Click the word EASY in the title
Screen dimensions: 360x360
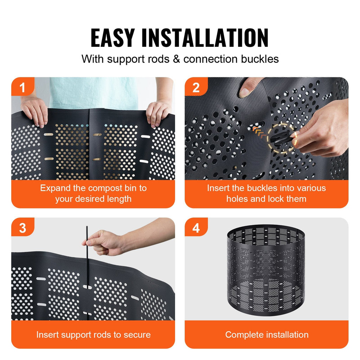(112, 38)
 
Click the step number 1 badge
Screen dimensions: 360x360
(22, 88)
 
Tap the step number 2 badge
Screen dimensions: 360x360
(196, 88)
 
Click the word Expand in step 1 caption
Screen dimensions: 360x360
(53, 188)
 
